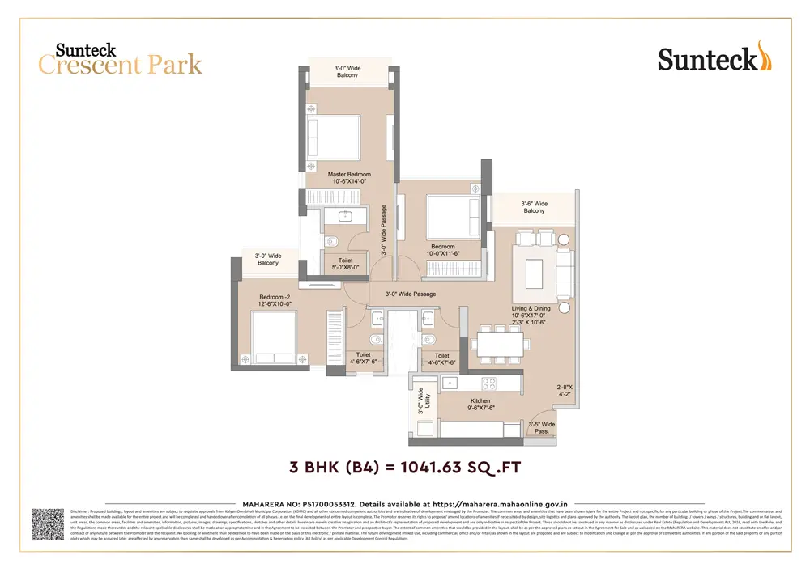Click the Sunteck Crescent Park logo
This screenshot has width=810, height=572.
[120, 58]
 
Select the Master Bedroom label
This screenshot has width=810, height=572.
[349, 179]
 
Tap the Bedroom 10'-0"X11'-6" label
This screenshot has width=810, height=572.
[443, 251]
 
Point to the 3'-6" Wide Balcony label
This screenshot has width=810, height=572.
[534, 207]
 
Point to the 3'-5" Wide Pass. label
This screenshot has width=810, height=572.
[541, 428]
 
